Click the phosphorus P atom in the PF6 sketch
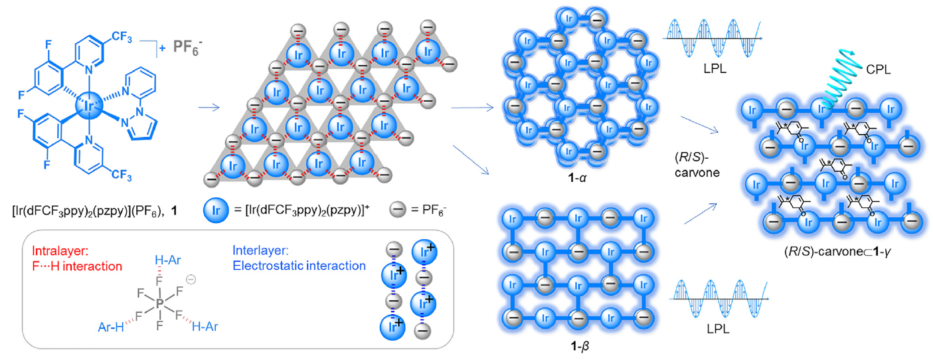coord(160,304)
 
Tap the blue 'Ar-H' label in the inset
coord(110,327)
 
